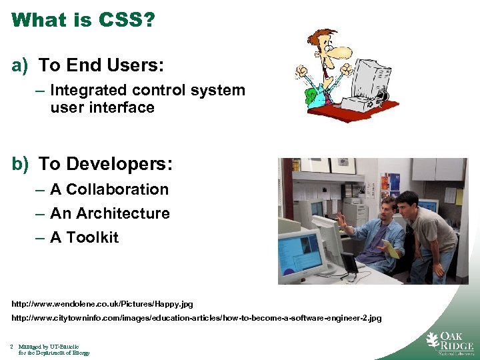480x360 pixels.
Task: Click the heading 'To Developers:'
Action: pyautogui.click(x=105, y=163)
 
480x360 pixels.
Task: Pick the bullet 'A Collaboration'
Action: pyautogui.click(x=109, y=189)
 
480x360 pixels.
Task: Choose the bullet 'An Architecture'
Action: pyautogui.click(x=110, y=213)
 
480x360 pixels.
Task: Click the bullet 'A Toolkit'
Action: pyautogui.click(x=84, y=237)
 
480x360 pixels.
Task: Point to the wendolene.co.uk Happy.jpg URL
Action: pyautogui.click(x=102, y=304)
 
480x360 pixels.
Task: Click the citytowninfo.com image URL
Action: pyautogui.click(x=197, y=319)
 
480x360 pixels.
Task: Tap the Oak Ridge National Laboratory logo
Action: pyautogui.click(x=449, y=343)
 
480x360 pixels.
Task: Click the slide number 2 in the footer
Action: pyautogui.click(x=12, y=347)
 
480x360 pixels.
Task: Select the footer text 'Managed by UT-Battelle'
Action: pyautogui.click(x=49, y=347)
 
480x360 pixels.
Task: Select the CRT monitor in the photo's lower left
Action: pyautogui.click(x=302, y=253)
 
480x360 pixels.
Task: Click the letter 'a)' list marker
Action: pyautogui.click(x=19, y=65)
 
